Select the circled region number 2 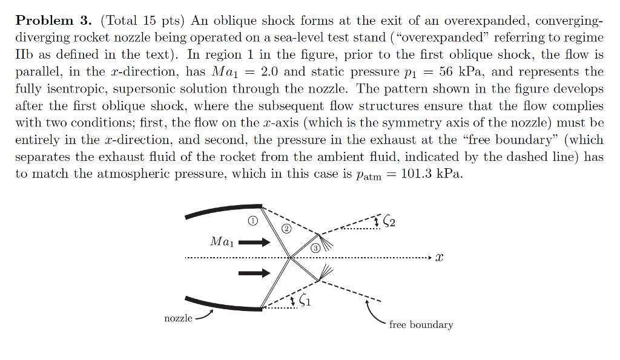tap(286, 229)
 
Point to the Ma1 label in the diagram tap(221, 242)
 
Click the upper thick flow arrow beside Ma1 tap(257, 243)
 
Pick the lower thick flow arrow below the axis tap(254, 273)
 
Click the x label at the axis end tap(440, 258)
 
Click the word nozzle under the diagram tap(178, 318)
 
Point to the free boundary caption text tap(421, 325)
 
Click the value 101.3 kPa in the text tap(434, 175)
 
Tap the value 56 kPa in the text tap(455, 72)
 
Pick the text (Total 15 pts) tap(143, 21)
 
